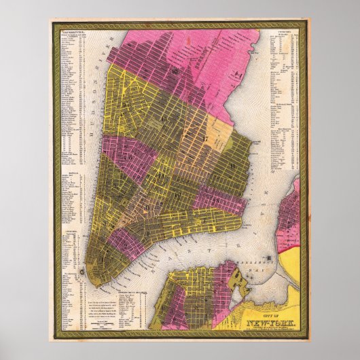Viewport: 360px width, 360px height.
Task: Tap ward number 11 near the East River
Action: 232,165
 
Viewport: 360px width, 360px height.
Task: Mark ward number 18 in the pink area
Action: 237,90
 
